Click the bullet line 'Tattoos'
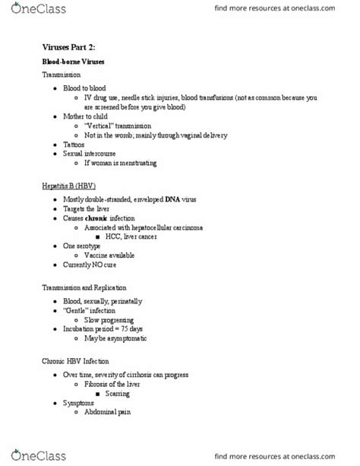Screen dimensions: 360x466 (76, 144)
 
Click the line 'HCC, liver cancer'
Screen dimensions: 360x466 (135, 237)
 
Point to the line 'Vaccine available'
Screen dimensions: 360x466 (113, 256)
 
